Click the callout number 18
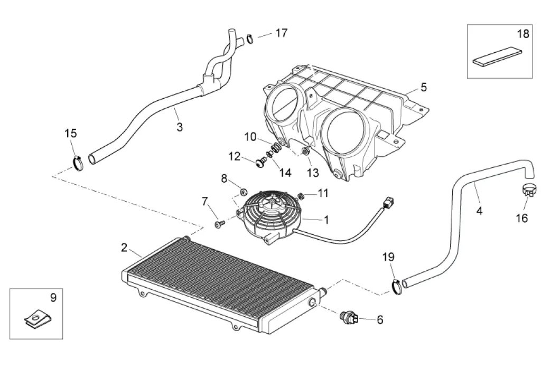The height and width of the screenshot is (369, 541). [x=523, y=34]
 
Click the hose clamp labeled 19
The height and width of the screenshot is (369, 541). [x=397, y=286]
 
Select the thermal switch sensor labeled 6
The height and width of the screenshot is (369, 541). [x=348, y=317]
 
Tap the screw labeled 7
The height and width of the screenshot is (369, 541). [x=219, y=225]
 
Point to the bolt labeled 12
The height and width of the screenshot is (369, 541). [x=260, y=164]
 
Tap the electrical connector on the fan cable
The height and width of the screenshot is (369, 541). [x=389, y=201]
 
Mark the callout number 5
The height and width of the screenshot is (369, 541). [x=423, y=87]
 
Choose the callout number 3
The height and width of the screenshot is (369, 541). [x=180, y=127]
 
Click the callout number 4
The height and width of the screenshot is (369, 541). [x=479, y=211]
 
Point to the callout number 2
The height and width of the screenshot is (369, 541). [x=124, y=247]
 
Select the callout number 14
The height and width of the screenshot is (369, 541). [x=285, y=173]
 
